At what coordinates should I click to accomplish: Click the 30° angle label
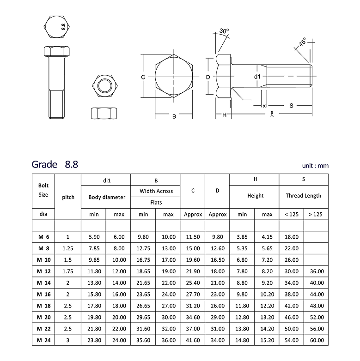pyautogui.click(x=224, y=31)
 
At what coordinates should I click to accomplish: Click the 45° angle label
pyautogui.click(x=302, y=42)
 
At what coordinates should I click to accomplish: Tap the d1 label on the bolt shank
pyautogui.click(x=257, y=77)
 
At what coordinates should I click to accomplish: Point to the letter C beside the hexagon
pyautogui.click(x=143, y=77)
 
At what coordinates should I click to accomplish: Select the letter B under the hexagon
pyautogui.click(x=174, y=117)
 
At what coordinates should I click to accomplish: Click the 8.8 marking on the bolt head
pyautogui.click(x=63, y=27)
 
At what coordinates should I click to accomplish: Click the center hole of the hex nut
pyautogui.click(x=104, y=85)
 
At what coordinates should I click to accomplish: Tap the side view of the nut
pyautogui.click(x=104, y=113)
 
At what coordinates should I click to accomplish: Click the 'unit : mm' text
pyautogui.click(x=315, y=166)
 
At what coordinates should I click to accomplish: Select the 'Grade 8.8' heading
pyautogui.click(x=55, y=164)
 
